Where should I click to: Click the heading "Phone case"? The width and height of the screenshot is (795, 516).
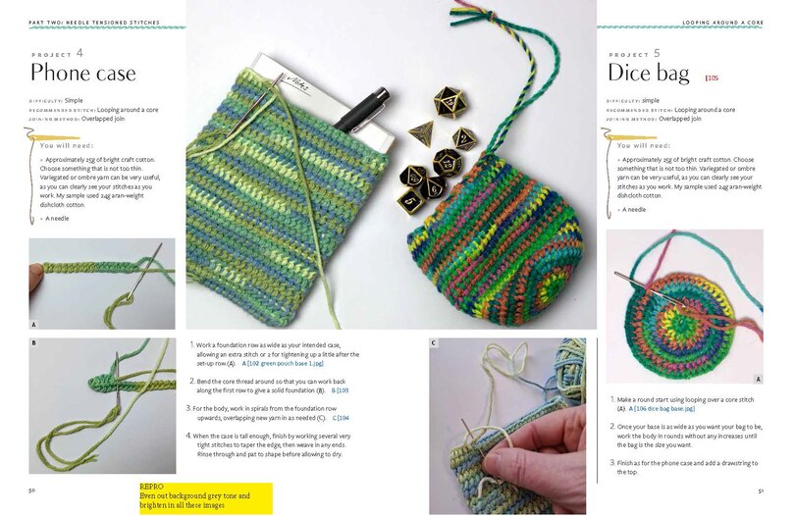tap(82, 73)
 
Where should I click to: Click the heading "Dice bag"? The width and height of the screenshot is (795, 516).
tap(649, 73)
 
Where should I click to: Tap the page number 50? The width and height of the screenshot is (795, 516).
tap(32, 489)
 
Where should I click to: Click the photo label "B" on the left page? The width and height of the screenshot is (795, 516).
tap(33, 343)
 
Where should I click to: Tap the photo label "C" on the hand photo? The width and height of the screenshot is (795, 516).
tap(434, 344)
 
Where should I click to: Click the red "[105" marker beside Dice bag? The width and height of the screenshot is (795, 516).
tap(712, 77)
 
